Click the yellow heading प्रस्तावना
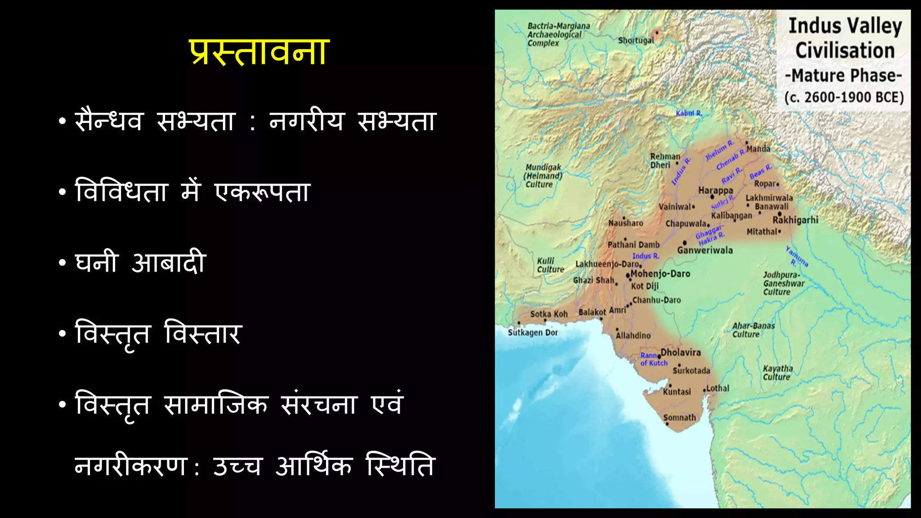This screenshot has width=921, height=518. (259, 53)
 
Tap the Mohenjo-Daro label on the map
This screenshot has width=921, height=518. (660, 274)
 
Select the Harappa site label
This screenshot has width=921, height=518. (715, 191)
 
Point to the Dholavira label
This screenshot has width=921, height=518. (680, 353)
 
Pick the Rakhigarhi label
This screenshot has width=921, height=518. (795, 220)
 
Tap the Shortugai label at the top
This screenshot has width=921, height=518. (636, 40)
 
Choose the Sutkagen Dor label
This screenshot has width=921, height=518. (533, 333)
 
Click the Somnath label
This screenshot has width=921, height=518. (680, 418)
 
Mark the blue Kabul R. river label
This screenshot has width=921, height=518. (689, 113)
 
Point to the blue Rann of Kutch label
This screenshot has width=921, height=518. (653, 359)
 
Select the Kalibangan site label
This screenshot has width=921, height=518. (731, 215)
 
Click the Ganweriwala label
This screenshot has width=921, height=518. (705, 250)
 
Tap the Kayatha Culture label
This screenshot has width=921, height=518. (778, 373)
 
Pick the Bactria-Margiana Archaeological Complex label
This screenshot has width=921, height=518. (558, 35)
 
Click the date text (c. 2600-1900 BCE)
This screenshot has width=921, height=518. (844, 98)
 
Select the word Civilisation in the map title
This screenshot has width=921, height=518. (845, 50)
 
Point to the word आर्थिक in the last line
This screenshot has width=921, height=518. (313, 466)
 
